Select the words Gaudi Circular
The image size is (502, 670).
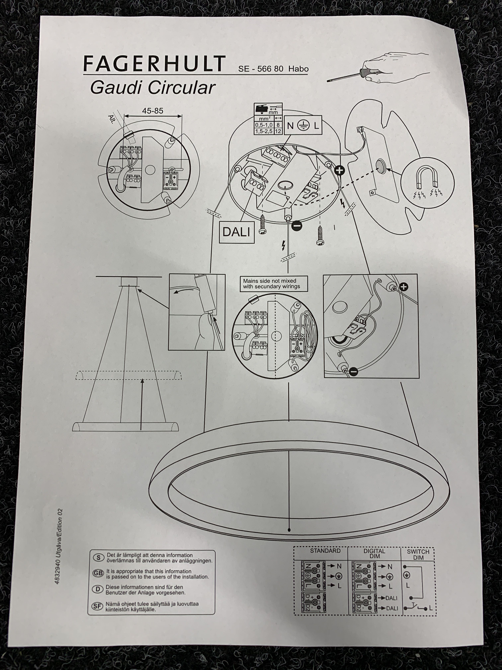tap(153, 88)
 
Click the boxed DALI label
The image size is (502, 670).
tap(236, 232)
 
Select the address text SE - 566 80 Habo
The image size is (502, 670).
tap(273, 69)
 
